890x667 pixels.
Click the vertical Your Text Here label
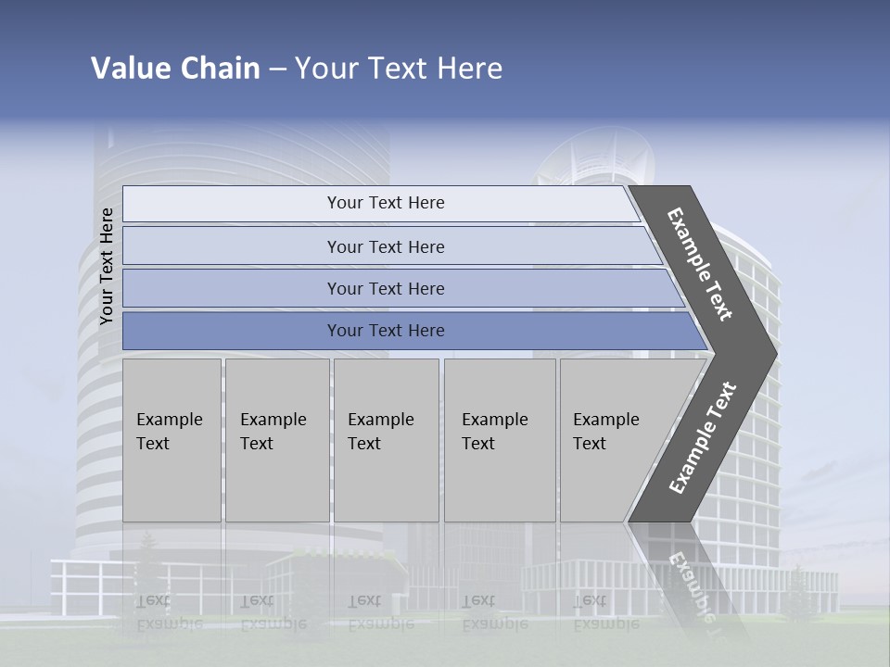pyautogui.click(x=107, y=266)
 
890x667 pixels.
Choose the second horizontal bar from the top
pyautogui.click(x=385, y=246)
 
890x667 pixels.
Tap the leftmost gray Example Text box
pyautogui.click(x=172, y=440)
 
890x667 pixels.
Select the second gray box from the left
pyautogui.click(x=277, y=440)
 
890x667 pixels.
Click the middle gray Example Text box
pyautogui.click(x=386, y=440)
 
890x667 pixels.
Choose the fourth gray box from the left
pyautogui.click(x=500, y=440)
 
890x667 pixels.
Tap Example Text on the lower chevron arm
pyautogui.click(x=702, y=438)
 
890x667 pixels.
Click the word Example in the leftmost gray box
pyautogui.click(x=169, y=420)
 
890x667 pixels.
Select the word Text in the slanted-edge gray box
pyautogui.click(x=590, y=444)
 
